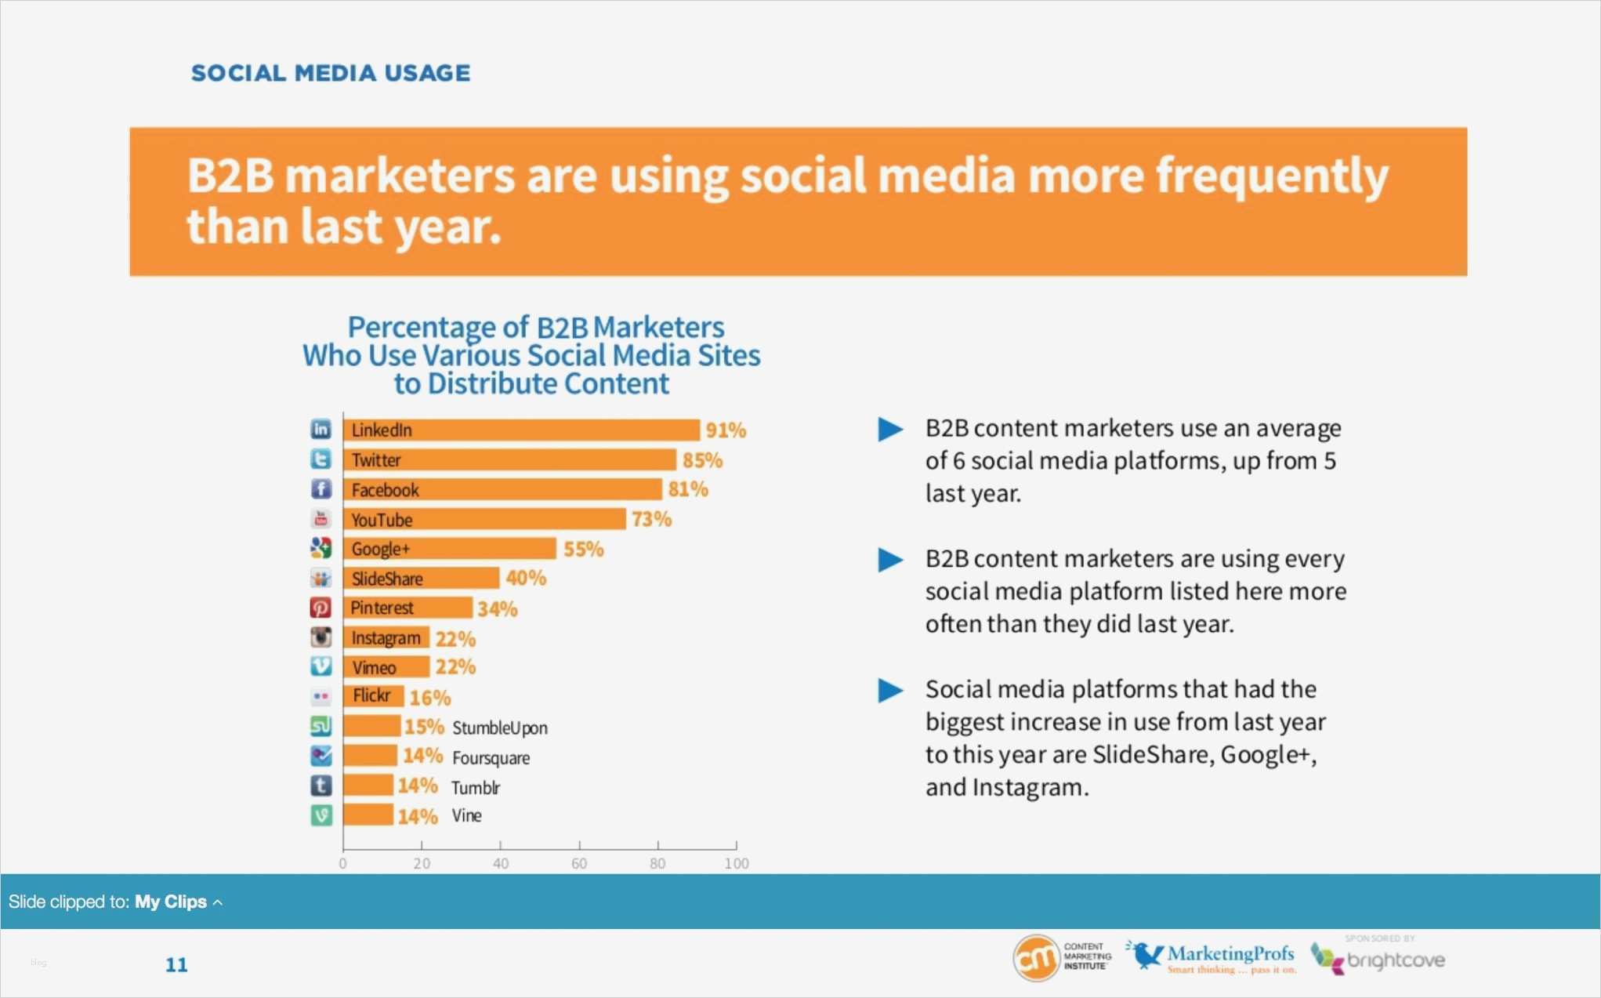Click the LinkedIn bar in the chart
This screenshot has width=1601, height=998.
tap(521, 430)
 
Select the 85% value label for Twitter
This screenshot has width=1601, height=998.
tap(702, 460)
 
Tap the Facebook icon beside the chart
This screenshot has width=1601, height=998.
tap(321, 489)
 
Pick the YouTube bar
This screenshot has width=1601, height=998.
tap(484, 519)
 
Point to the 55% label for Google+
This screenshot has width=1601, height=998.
tap(584, 549)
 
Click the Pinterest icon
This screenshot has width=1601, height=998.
tap(321, 608)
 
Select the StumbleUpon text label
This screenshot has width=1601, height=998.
tap(500, 728)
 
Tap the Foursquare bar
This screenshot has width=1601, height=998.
tap(370, 756)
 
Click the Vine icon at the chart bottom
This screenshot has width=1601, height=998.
tap(321, 815)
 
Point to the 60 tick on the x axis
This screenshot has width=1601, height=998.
tap(579, 863)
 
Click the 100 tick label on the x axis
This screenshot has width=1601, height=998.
tap(736, 863)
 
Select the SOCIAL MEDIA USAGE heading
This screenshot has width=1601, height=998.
tap(331, 73)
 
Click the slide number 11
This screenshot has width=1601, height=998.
tap(176, 964)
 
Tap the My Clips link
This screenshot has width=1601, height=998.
tap(171, 902)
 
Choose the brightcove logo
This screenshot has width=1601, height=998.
tap(1378, 958)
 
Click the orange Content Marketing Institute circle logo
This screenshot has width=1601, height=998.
tap(1036, 958)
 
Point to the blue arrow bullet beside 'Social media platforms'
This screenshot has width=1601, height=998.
tap(890, 691)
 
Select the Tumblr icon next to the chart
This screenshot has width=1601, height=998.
tap(321, 786)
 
